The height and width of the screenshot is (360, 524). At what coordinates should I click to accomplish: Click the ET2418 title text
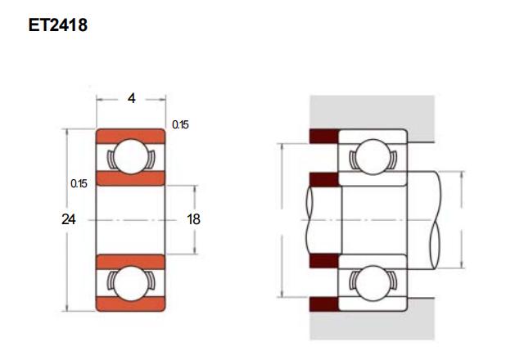tap(58, 25)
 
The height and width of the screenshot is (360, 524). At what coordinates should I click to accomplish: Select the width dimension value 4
tap(132, 98)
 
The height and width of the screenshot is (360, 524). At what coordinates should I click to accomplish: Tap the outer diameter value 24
tap(69, 219)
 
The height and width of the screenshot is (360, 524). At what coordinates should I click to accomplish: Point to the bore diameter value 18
tap(193, 219)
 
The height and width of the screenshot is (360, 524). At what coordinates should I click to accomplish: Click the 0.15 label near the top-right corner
tap(180, 125)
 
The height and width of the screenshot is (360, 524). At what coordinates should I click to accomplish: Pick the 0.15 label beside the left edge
tap(79, 183)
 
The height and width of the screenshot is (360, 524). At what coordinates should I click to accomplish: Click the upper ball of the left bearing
tap(131, 156)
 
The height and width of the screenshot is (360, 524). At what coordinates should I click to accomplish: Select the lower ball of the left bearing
tap(131, 283)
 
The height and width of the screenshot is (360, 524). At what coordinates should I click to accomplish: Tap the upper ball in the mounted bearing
tap(373, 156)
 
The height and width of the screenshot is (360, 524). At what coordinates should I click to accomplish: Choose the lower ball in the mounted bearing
tap(373, 283)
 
